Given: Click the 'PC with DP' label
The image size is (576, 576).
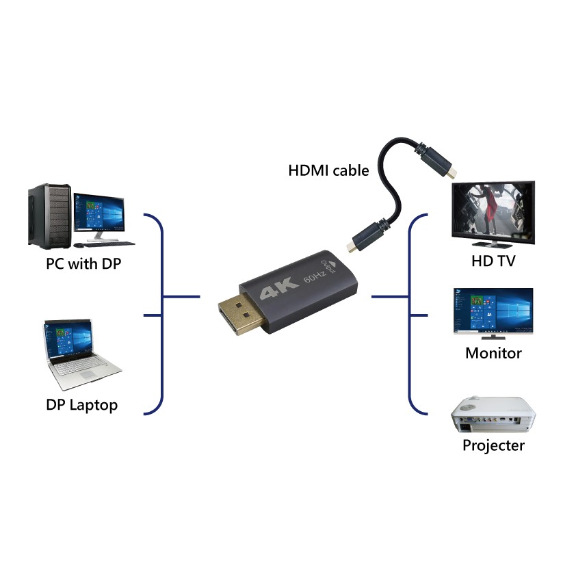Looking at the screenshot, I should (x=83, y=263).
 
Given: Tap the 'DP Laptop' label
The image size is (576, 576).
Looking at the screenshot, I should (x=81, y=404).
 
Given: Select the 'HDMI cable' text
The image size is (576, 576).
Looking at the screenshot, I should (x=328, y=170).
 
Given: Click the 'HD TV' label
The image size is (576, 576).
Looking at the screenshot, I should (x=493, y=261).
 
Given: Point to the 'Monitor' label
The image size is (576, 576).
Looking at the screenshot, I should (x=493, y=353).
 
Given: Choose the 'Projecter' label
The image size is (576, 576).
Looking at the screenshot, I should (x=493, y=445).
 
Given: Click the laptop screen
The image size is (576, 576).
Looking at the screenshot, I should (x=69, y=340).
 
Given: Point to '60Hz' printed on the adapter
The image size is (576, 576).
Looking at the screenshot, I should (x=313, y=278).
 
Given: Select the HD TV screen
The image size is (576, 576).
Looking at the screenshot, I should (x=493, y=211).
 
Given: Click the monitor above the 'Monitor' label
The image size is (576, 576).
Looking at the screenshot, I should (x=493, y=309).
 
